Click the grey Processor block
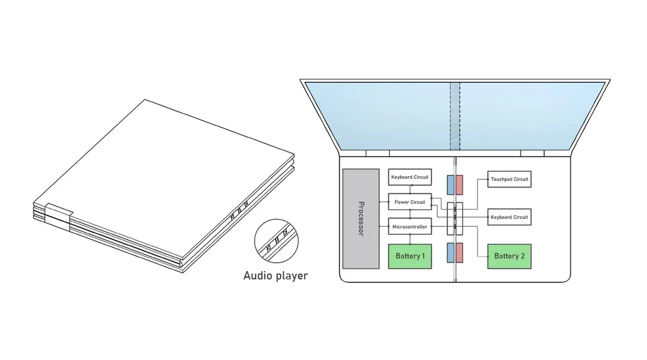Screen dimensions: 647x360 point(361,219)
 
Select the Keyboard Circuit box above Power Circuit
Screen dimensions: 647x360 point(409,177)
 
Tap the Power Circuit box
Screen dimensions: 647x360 point(409,201)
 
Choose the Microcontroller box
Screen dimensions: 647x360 point(409,226)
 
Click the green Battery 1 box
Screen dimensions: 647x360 point(409,256)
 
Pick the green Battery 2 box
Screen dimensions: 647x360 point(509,256)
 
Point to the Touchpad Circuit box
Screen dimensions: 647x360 point(509,179)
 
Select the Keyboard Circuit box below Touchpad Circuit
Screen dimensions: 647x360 point(509,217)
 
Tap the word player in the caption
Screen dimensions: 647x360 point(293,276)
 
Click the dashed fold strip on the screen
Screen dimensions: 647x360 point(455,116)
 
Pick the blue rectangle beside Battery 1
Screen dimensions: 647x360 point(450,253)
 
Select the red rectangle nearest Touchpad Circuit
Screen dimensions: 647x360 point(459,185)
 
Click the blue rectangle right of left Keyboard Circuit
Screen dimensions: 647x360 point(450,185)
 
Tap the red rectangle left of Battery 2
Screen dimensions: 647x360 point(459,253)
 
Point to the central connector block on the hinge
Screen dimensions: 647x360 point(455,219)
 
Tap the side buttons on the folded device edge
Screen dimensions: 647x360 point(239,210)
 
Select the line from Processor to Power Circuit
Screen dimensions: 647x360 point(384,202)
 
